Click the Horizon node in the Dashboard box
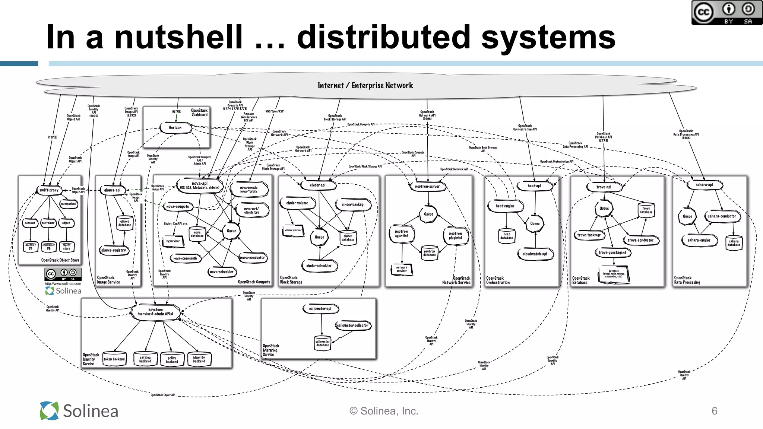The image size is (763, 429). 175,128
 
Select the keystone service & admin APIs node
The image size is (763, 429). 155,312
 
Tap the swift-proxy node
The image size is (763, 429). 49,190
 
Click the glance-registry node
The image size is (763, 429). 114,250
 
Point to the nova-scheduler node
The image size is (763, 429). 222,272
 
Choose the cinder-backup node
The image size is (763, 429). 352,204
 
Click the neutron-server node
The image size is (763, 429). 427,186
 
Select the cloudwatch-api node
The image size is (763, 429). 535,254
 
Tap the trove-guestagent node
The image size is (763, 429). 612,252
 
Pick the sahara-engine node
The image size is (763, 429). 699,240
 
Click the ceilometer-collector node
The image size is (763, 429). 352,325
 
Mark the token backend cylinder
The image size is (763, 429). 114,359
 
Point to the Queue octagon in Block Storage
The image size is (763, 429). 319,237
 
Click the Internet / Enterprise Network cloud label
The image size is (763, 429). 365,85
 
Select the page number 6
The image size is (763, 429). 714,411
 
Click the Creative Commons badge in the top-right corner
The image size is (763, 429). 726,13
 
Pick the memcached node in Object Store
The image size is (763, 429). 68,204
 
